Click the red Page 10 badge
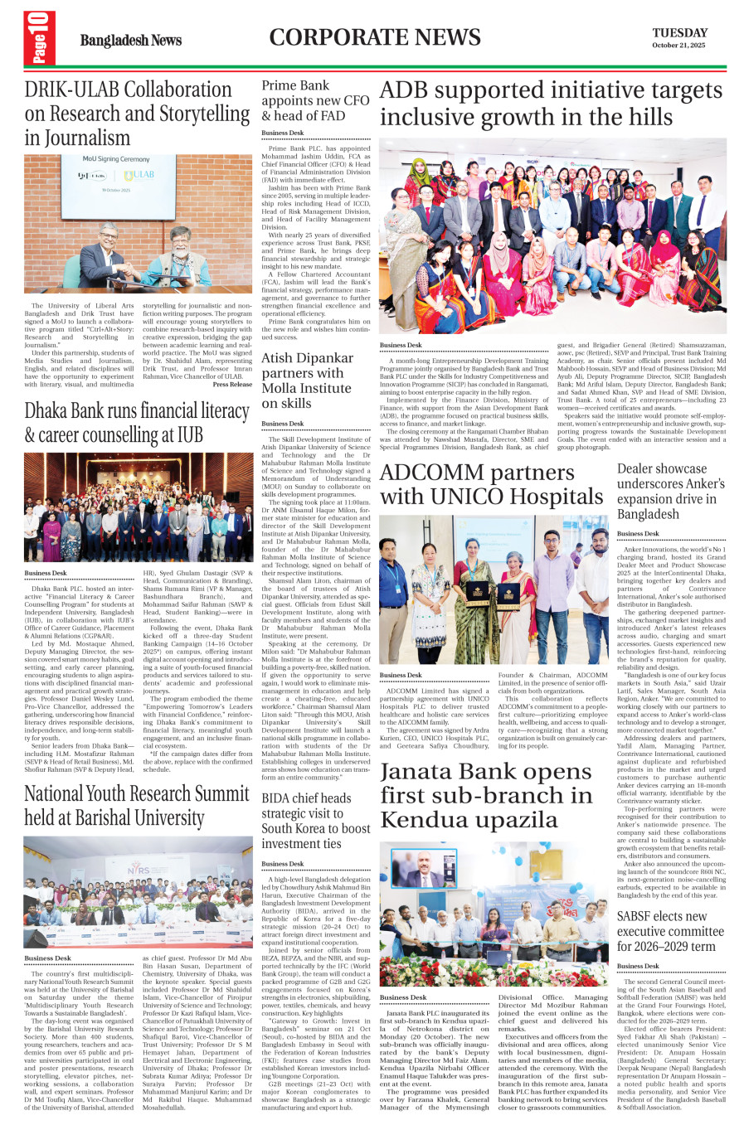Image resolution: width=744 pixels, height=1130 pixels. [x=40, y=39]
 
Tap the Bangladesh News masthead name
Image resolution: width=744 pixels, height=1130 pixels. [x=130, y=41]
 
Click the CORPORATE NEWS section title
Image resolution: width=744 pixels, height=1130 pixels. [x=375, y=37]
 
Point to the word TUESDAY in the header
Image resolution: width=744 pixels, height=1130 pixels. [x=679, y=33]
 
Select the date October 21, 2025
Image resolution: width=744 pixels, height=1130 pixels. [x=678, y=46]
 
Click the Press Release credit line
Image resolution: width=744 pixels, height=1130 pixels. [x=232, y=385]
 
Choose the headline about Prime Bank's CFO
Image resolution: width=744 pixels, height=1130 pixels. [x=315, y=100]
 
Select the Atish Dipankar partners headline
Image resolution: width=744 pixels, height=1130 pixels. [x=307, y=381]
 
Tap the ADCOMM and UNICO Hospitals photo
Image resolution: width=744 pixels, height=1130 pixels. [x=494, y=589]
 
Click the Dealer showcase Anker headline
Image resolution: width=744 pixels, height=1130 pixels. [x=670, y=491]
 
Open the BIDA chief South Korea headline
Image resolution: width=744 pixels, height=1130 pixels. [x=316, y=821]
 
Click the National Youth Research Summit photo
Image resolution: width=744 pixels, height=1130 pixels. [x=138, y=892]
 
